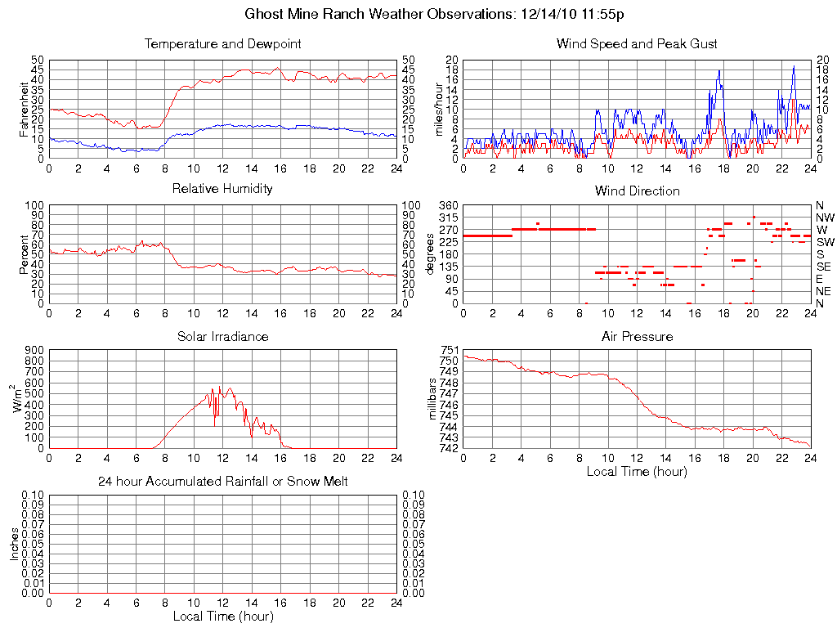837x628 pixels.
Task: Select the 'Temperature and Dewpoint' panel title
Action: tap(222, 43)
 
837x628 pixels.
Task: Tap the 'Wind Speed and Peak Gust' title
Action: tap(637, 43)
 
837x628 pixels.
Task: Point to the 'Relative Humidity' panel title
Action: tap(222, 189)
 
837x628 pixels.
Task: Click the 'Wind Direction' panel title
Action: tap(637, 191)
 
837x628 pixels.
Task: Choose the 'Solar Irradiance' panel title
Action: tap(222, 336)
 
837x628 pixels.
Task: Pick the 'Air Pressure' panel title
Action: tap(637, 336)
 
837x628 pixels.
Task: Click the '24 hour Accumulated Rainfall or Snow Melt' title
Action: tap(222, 482)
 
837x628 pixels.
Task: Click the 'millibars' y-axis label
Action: tap(434, 398)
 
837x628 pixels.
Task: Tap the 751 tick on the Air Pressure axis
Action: tap(450, 350)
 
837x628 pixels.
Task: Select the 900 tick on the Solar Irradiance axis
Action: tap(34, 350)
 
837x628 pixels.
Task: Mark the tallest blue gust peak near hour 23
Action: tap(794, 66)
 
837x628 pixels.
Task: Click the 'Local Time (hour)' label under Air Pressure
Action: tap(637, 471)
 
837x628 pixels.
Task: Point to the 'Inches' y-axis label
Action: tap(15, 543)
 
